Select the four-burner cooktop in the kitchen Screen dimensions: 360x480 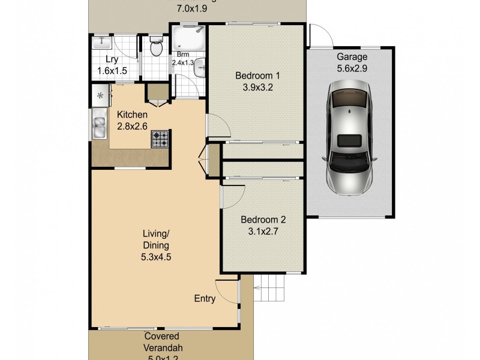(160, 140)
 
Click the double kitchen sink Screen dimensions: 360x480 (99, 127)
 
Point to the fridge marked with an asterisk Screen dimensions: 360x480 (100, 95)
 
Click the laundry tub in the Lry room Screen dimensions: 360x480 (103, 41)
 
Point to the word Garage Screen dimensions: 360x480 (351, 57)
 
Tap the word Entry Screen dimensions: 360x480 (205, 298)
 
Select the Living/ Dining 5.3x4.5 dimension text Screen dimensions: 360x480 (155, 257)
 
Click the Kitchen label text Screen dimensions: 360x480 (132, 115)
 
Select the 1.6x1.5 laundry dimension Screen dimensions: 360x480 (112, 71)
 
